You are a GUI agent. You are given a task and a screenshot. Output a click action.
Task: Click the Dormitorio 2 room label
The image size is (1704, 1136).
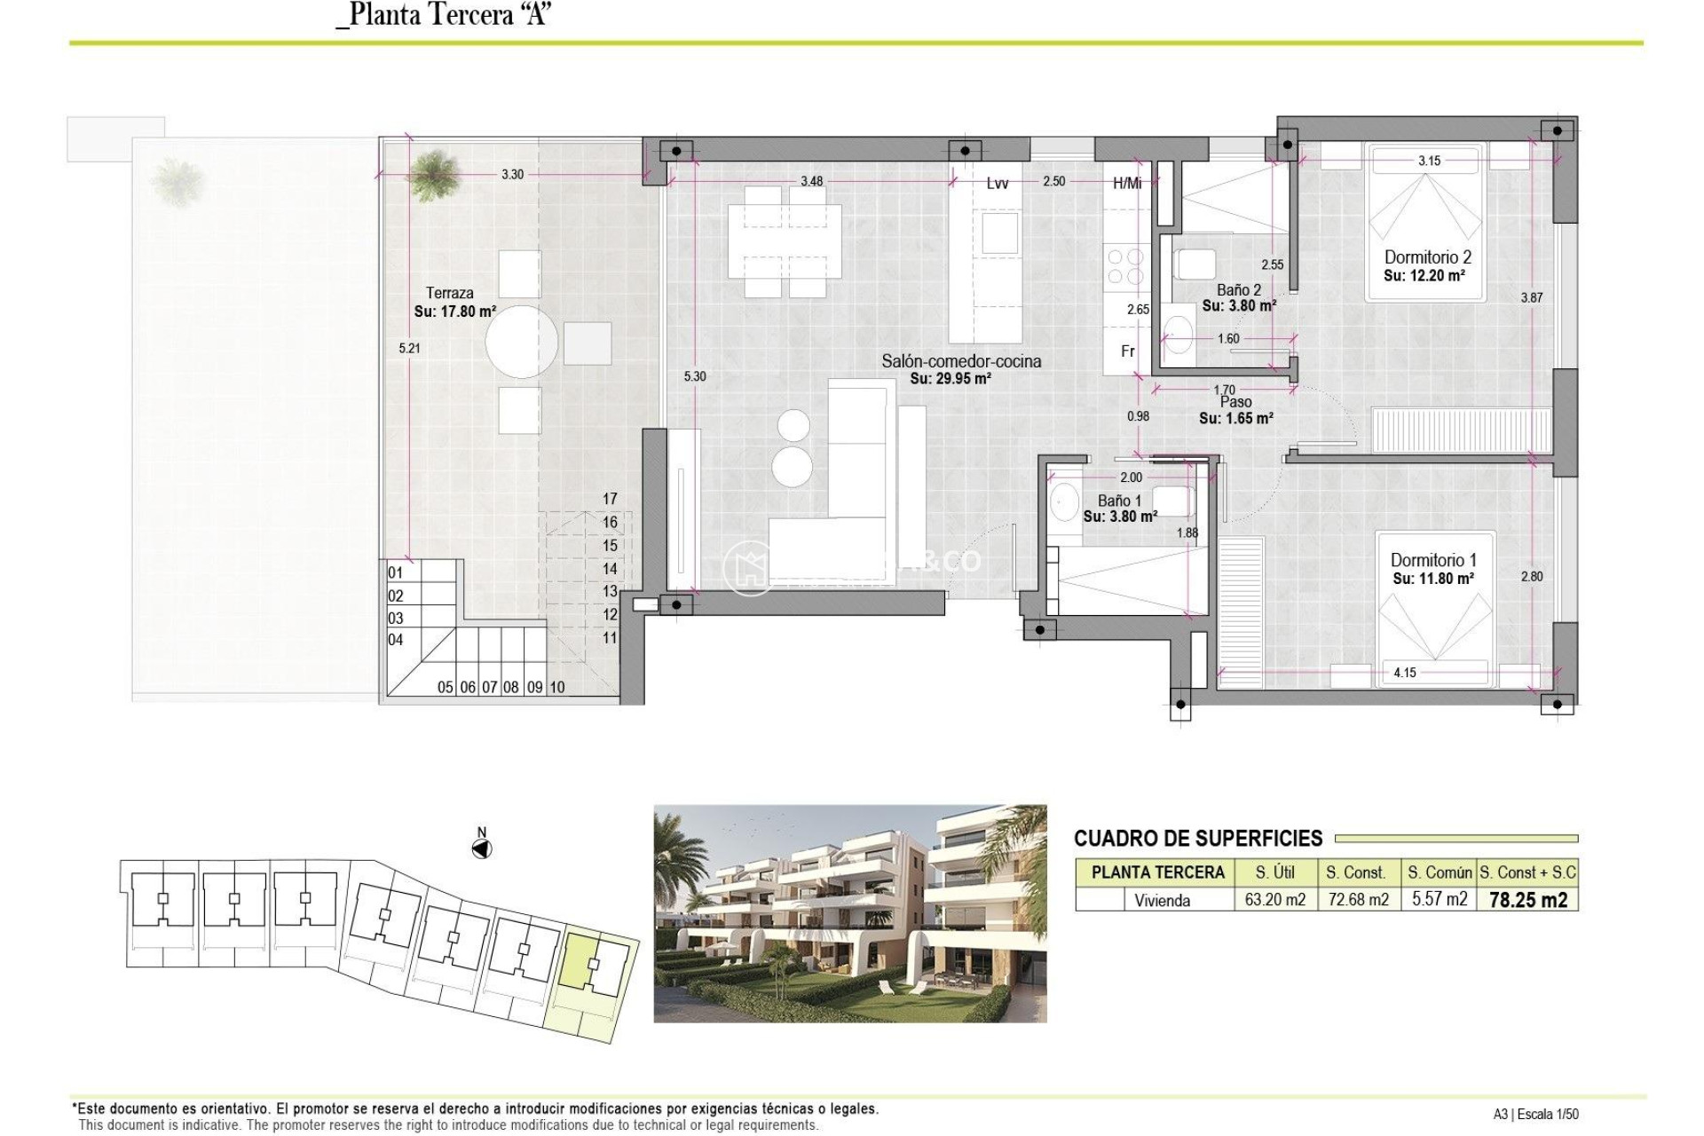point(1427,257)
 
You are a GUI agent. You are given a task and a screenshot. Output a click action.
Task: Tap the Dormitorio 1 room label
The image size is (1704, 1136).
point(1433,560)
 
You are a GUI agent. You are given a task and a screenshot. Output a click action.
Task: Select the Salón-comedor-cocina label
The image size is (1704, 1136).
point(961,361)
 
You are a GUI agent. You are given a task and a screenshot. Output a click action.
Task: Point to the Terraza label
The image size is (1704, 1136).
point(449,293)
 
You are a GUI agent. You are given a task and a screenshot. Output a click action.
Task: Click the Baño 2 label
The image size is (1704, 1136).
point(1238,290)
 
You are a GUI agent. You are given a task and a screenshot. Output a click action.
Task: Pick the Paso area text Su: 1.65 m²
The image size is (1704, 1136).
point(1236,418)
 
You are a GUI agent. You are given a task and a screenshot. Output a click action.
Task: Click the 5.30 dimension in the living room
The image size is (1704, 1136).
point(695,376)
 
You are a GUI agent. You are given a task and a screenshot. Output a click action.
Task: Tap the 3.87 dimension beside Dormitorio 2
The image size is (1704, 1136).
point(1531,298)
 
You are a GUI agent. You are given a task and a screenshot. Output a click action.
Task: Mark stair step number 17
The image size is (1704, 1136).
point(610,499)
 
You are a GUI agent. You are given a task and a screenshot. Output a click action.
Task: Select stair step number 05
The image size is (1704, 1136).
point(446,687)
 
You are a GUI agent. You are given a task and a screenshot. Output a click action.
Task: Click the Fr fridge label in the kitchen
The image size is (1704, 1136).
point(1127,351)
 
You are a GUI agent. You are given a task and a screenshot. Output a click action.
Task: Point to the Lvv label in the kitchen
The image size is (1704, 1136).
point(998,184)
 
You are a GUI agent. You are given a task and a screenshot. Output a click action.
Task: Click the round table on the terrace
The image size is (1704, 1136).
point(522,342)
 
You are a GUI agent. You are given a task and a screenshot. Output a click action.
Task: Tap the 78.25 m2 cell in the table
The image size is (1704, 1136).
point(1527,900)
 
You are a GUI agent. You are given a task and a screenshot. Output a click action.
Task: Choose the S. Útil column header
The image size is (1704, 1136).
point(1274,872)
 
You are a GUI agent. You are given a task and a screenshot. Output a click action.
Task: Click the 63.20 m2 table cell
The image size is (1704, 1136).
point(1274,900)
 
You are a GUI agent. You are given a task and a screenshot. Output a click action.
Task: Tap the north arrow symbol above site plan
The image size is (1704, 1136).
point(481,849)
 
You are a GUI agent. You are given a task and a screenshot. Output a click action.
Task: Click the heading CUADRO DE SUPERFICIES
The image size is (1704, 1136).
point(1197,839)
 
